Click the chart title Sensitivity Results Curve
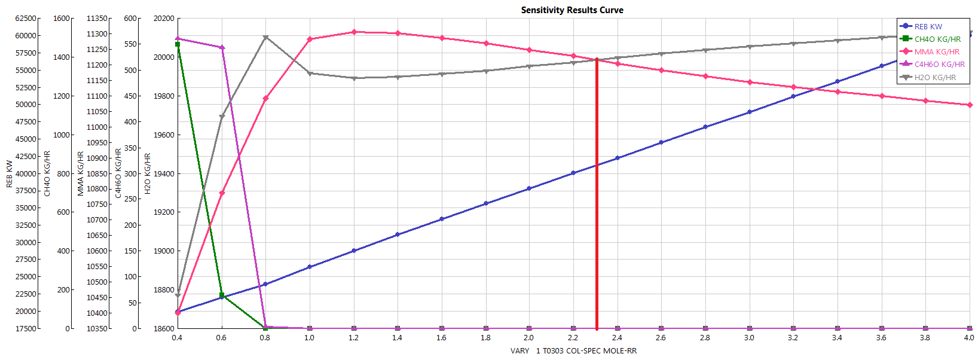click(572, 10)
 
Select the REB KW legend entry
click(928, 26)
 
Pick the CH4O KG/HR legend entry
click(937, 39)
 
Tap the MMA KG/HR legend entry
click(937, 52)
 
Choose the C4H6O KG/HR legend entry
click(939, 65)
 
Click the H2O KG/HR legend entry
click(935, 78)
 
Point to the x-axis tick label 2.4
click(617, 338)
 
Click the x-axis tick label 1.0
click(309, 338)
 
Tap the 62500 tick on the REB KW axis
click(26, 19)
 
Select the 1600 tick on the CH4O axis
click(62, 19)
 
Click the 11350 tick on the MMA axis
click(97, 19)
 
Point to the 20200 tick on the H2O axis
click(164, 19)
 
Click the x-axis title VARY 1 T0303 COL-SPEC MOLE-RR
click(573, 351)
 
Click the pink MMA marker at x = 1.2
click(354, 32)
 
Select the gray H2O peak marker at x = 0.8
click(265, 38)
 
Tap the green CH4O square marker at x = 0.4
click(178, 44)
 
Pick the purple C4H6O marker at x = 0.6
click(222, 48)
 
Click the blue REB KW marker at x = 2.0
click(529, 188)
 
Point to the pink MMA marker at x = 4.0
click(969, 105)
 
